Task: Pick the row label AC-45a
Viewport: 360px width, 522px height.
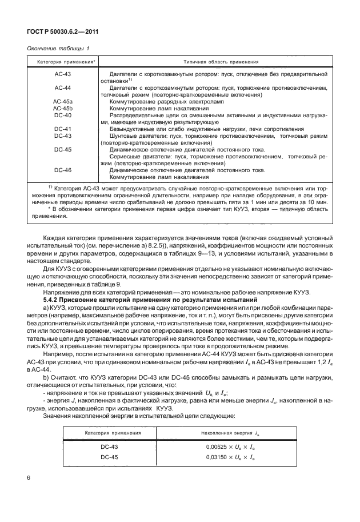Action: point(62,101)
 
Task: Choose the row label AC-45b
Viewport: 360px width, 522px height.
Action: point(62,107)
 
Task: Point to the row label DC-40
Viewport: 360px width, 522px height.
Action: point(62,114)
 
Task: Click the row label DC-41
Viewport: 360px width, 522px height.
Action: point(62,129)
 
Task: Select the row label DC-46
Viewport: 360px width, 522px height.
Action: point(62,170)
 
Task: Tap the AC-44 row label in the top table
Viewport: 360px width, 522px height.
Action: point(62,87)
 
